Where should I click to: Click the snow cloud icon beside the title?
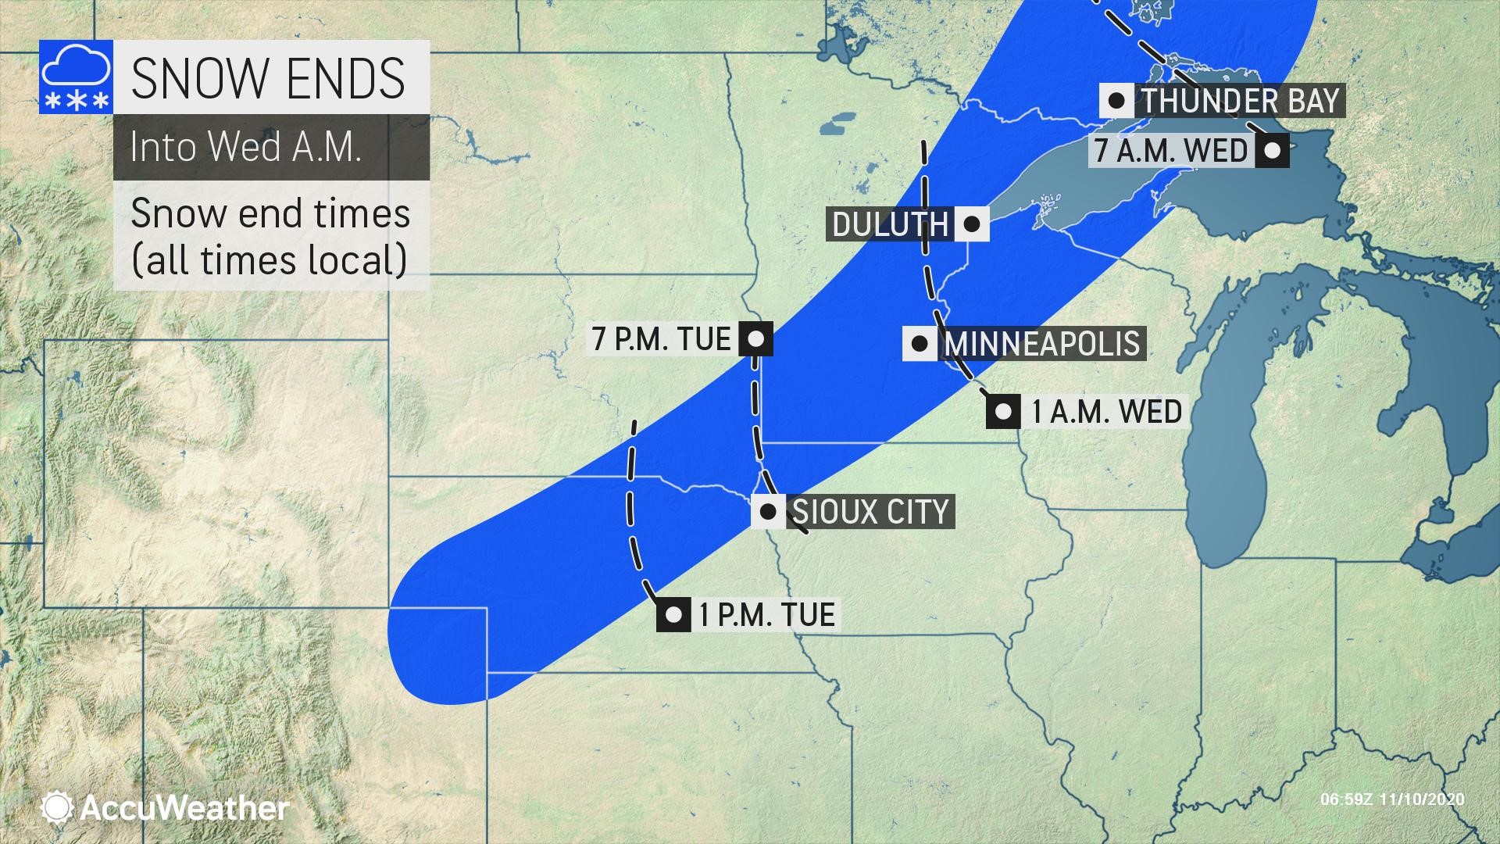(76, 77)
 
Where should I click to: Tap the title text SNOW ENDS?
(268, 77)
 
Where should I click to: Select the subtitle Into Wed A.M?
(245, 147)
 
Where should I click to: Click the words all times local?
(270, 260)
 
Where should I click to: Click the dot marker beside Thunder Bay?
(1117, 101)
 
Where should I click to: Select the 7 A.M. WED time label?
(1171, 150)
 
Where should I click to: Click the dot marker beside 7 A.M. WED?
(1272, 150)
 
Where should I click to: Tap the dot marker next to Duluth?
(971, 224)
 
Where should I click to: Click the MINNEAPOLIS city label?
(1042, 344)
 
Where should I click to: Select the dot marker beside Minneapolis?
(920, 344)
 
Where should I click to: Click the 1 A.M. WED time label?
(1106, 411)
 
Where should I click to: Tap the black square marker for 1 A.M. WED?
(1003, 411)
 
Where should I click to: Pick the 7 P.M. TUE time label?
(661, 339)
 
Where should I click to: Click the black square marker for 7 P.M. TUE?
(755, 339)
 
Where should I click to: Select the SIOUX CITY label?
(870, 512)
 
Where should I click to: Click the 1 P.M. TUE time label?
(766, 614)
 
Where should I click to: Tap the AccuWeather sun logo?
(58, 807)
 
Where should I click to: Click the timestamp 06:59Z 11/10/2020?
(1392, 799)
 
